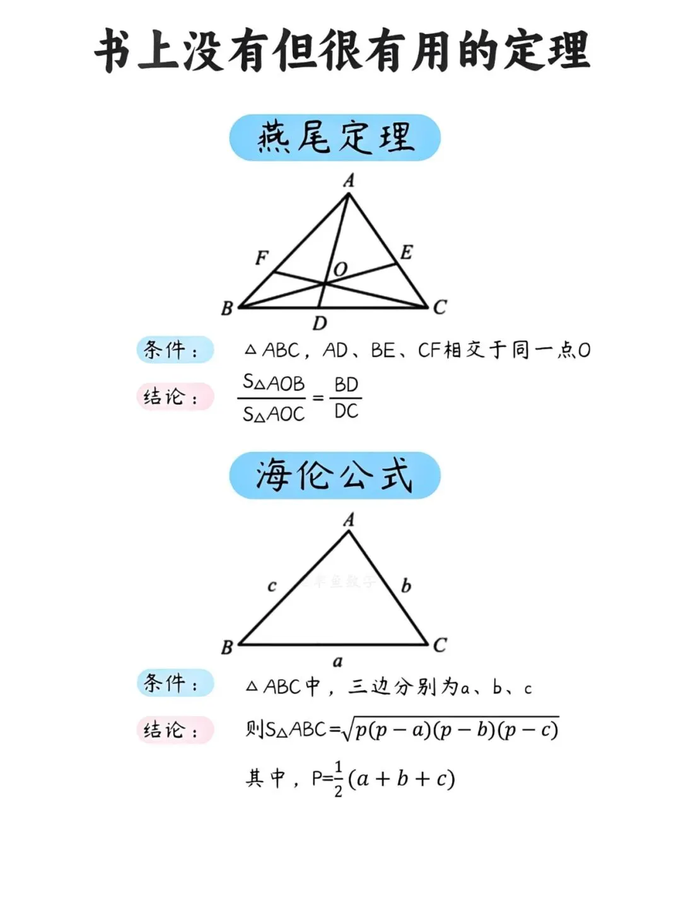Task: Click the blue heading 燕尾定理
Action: [x=335, y=138]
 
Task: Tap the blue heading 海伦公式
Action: [x=335, y=475]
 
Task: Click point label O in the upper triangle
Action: [x=340, y=269]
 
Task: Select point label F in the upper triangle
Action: [x=262, y=257]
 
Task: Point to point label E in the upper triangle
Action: [x=406, y=252]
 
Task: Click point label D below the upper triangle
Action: [x=320, y=324]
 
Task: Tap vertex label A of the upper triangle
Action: [x=349, y=181]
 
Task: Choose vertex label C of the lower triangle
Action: [x=439, y=645]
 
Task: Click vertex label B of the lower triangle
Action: [x=227, y=647]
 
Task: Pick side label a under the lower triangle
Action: [x=338, y=662]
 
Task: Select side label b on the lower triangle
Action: [x=406, y=586]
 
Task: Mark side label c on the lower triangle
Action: [x=272, y=586]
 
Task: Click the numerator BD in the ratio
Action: [x=346, y=384]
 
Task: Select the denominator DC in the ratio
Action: [x=346, y=411]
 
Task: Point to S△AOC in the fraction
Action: [x=274, y=414]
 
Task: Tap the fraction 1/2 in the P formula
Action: [x=339, y=779]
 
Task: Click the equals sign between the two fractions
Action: [x=318, y=398]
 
